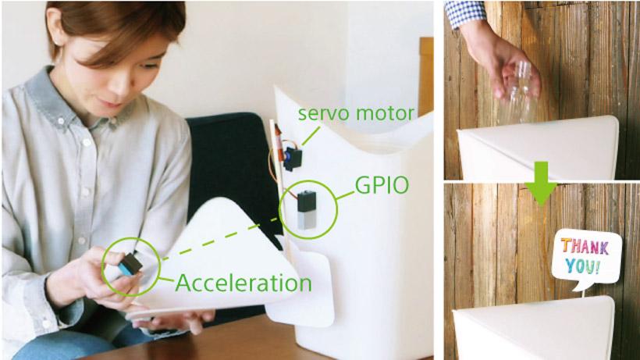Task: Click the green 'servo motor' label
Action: [356, 113]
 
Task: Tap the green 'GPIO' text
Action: [382, 185]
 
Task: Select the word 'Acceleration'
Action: [244, 283]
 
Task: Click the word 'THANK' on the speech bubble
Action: [585, 247]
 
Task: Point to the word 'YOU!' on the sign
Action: [583, 266]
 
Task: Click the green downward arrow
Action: [541, 183]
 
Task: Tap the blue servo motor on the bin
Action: [293, 159]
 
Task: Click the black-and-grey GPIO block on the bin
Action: [307, 210]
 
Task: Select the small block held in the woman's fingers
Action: [130, 264]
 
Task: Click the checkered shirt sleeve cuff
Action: [465, 13]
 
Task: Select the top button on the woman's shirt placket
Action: [61, 121]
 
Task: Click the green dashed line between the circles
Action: [220, 238]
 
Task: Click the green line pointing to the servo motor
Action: [311, 136]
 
